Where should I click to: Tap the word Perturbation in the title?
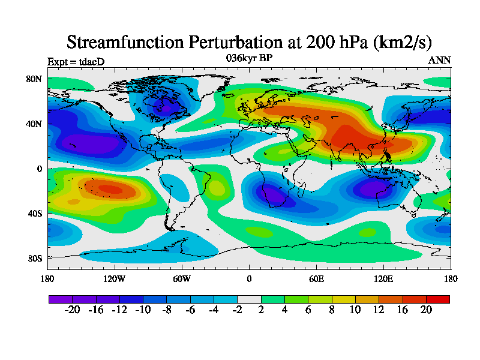(x=232, y=43)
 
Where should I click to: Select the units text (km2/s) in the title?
(x=394, y=43)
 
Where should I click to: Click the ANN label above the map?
(x=439, y=60)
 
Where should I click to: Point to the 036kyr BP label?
(x=249, y=58)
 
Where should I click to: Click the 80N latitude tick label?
(x=34, y=79)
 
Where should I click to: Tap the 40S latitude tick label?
(x=34, y=214)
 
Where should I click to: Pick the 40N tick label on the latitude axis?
(x=34, y=124)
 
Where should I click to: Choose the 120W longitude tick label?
(x=115, y=278)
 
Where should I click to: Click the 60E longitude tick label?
(x=316, y=278)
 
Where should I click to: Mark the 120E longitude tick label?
(x=383, y=278)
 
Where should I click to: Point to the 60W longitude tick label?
(x=182, y=278)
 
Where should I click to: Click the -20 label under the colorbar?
(x=72, y=310)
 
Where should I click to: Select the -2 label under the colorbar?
(x=237, y=310)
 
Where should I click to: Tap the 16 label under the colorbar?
(x=403, y=310)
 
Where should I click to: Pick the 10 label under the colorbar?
(x=355, y=310)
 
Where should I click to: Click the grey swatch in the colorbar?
(x=249, y=298)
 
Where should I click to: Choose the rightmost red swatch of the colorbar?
(x=437, y=298)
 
